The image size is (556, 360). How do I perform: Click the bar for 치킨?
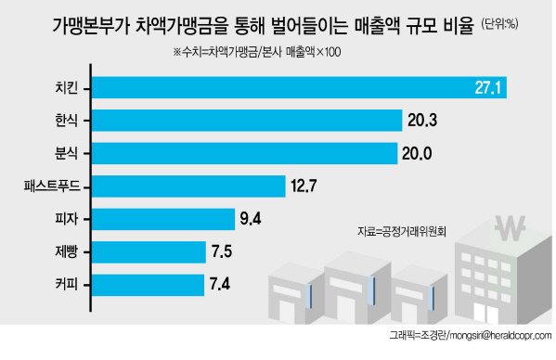[x=299, y=87]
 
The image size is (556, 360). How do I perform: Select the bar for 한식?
[x=247, y=121]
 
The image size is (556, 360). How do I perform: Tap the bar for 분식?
[x=245, y=153]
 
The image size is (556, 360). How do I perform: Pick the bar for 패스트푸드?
[x=188, y=186]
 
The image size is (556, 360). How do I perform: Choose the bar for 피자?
[x=163, y=219]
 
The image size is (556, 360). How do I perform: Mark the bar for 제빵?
[x=149, y=252]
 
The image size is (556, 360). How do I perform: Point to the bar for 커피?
[x=149, y=285]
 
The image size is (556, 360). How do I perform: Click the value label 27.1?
[x=488, y=87]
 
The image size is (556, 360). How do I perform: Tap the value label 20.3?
[x=422, y=121]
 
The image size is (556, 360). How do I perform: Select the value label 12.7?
[x=304, y=186]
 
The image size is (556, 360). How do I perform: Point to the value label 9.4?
[x=251, y=219]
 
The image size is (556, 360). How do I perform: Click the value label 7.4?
[x=220, y=284]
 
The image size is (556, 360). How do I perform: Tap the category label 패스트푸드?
[x=52, y=186]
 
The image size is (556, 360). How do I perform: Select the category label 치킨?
[x=66, y=87]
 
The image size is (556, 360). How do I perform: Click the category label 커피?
[x=66, y=285]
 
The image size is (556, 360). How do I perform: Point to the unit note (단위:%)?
[x=499, y=24]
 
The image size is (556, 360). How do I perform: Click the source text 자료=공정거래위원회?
[x=401, y=232]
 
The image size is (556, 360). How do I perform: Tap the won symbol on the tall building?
[x=510, y=228]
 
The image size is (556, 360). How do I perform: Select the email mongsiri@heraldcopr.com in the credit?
[x=500, y=336]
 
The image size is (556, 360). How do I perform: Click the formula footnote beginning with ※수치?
[x=257, y=52]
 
